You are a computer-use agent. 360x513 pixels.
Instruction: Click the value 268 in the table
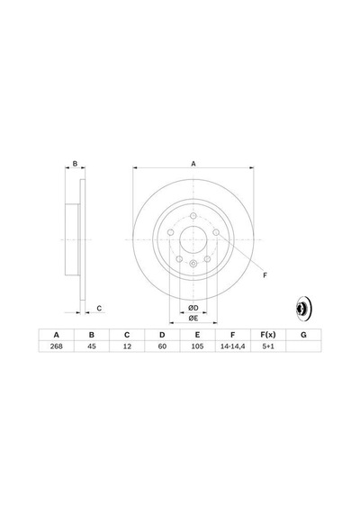[x=57, y=346]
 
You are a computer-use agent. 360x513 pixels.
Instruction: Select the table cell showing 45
[x=92, y=346]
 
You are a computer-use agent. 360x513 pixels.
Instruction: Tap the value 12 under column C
[x=127, y=346]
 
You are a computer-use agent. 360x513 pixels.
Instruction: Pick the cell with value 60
[x=162, y=346]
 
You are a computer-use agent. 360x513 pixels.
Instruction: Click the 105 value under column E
[x=197, y=346]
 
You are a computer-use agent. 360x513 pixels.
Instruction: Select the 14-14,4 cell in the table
[x=233, y=346]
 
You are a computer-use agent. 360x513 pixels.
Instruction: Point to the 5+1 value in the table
[x=268, y=346]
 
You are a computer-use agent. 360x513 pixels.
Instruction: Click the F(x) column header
[x=268, y=335]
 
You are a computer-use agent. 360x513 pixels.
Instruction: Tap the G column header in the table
[x=303, y=335]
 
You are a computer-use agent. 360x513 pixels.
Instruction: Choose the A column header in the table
[x=57, y=335]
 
